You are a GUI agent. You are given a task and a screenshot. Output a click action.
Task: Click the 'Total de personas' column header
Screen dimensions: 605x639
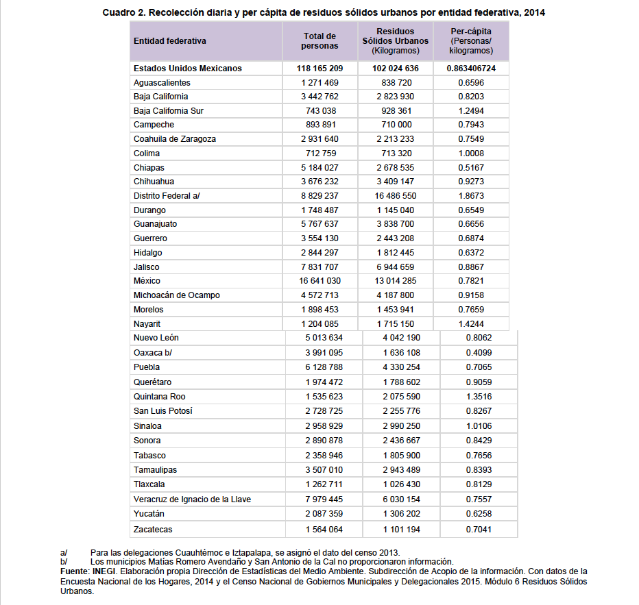click(319, 41)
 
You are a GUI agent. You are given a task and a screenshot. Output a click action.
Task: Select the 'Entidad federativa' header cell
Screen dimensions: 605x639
click(170, 41)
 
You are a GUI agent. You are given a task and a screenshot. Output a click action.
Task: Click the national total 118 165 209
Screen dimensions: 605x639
click(319, 69)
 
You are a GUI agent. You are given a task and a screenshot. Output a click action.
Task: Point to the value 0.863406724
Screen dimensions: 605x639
click(471, 69)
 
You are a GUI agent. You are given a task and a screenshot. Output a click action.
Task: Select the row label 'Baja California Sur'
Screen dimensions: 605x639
click(169, 111)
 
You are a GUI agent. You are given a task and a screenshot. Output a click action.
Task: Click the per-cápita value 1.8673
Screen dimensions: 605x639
click(471, 196)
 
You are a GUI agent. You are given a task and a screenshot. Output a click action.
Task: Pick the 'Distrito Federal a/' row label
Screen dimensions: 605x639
click(167, 196)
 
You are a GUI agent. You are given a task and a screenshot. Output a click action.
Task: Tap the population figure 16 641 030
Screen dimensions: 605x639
click(319, 281)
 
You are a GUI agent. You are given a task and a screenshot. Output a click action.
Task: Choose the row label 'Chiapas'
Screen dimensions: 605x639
click(149, 168)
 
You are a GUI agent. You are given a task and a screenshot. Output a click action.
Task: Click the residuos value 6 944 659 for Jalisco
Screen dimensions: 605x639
click(396, 267)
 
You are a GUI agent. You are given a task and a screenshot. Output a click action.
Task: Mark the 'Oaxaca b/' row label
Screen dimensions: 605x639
click(153, 353)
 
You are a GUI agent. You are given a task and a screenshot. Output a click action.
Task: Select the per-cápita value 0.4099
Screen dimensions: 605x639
click(478, 353)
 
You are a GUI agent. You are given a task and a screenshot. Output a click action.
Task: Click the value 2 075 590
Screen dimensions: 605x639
click(401, 397)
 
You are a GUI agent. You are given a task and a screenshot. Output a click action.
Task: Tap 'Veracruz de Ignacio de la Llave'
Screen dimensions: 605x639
click(192, 499)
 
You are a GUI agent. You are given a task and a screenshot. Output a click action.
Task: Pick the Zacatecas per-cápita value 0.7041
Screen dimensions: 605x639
click(478, 529)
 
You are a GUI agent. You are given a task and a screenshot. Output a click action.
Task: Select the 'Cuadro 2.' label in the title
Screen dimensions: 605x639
click(124, 12)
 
